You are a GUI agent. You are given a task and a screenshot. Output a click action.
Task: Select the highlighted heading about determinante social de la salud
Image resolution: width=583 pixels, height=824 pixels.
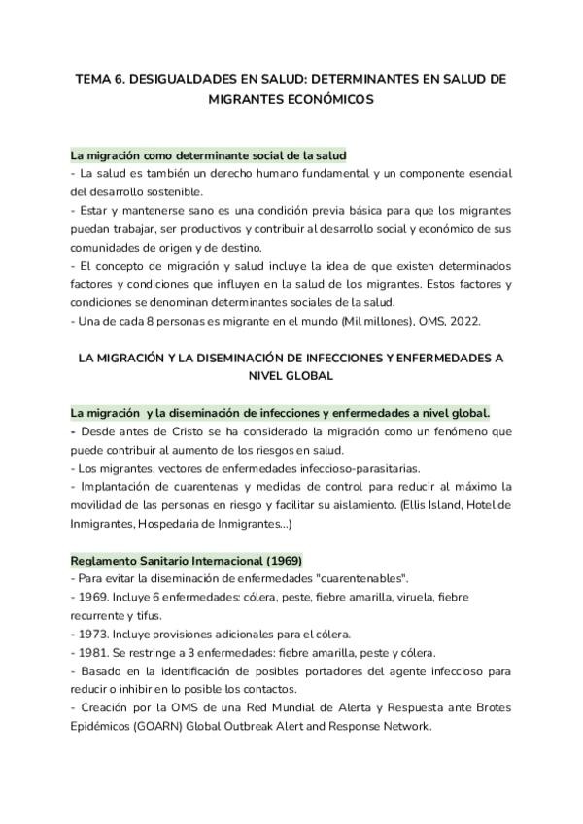click(208, 154)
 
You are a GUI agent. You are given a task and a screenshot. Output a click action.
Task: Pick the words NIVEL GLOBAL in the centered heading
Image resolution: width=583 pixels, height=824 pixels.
click(291, 375)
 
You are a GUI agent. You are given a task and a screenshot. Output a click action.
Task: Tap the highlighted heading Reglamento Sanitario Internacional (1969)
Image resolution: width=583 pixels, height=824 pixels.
click(186, 561)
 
